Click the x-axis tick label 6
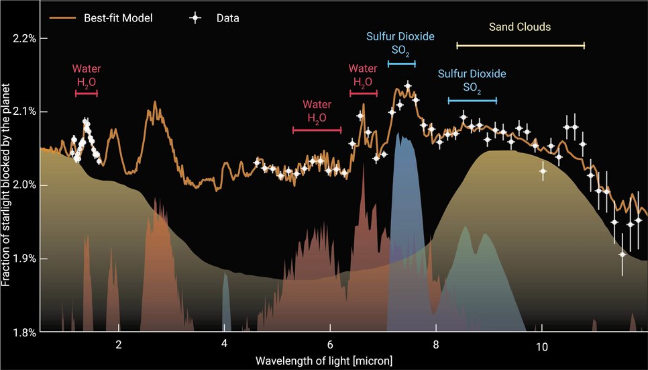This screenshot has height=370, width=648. [x=330, y=346]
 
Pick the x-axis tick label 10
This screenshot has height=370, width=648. [x=541, y=346]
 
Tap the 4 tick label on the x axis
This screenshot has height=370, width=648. [x=224, y=346]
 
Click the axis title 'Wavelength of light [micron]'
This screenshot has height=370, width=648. [x=324, y=361]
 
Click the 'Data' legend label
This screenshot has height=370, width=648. [x=227, y=18]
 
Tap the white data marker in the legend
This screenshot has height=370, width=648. [x=195, y=18]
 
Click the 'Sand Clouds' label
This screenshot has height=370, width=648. [x=520, y=28]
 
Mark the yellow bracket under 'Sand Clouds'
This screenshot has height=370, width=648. [x=520, y=46]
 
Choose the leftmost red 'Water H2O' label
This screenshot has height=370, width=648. [x=87, y=75]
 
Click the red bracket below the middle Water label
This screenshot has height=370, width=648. [x=317, y=130]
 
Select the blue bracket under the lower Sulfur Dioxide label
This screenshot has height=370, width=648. [x=472, y=101]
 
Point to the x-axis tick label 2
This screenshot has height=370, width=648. [x=119, y=346]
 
